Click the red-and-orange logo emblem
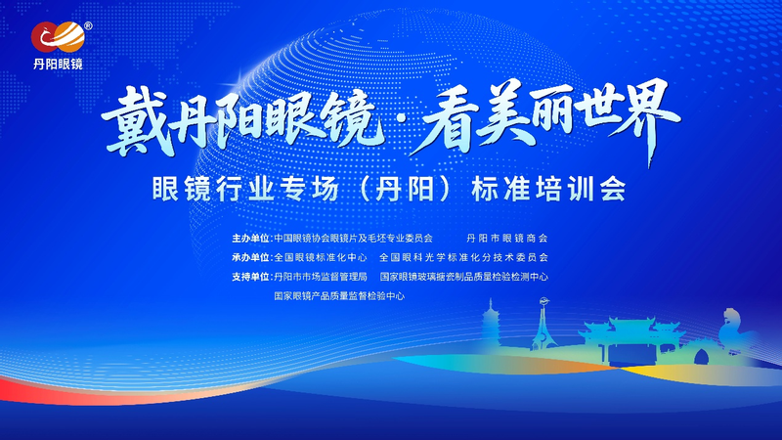pyautogui.click(x=58, y=37)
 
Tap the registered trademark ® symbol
pyautogui.click(x=88, y=26)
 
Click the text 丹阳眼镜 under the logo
pyautogui.click(x=58, y=64)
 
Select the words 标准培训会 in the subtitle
pyautogui.click(x=548, y=190)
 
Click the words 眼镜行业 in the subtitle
pyautogui.click(x=213, y=190)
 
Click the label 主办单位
pyautogui.click(x=251, y=239)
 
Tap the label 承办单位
pyautogui.click(x=251, y=257)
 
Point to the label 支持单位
pyautogui.click(x=251, y=277)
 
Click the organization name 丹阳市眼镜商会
pyautogui.click(x=506, y=239)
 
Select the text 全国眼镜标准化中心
pyautogui.click(x=321, y=257)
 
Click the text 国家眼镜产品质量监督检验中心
pyautogui.click(x=339, y=296)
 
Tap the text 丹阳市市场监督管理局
pyautogui.click(x=321, y=277)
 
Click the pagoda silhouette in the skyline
pyautogui.click(x=492, y=322)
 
